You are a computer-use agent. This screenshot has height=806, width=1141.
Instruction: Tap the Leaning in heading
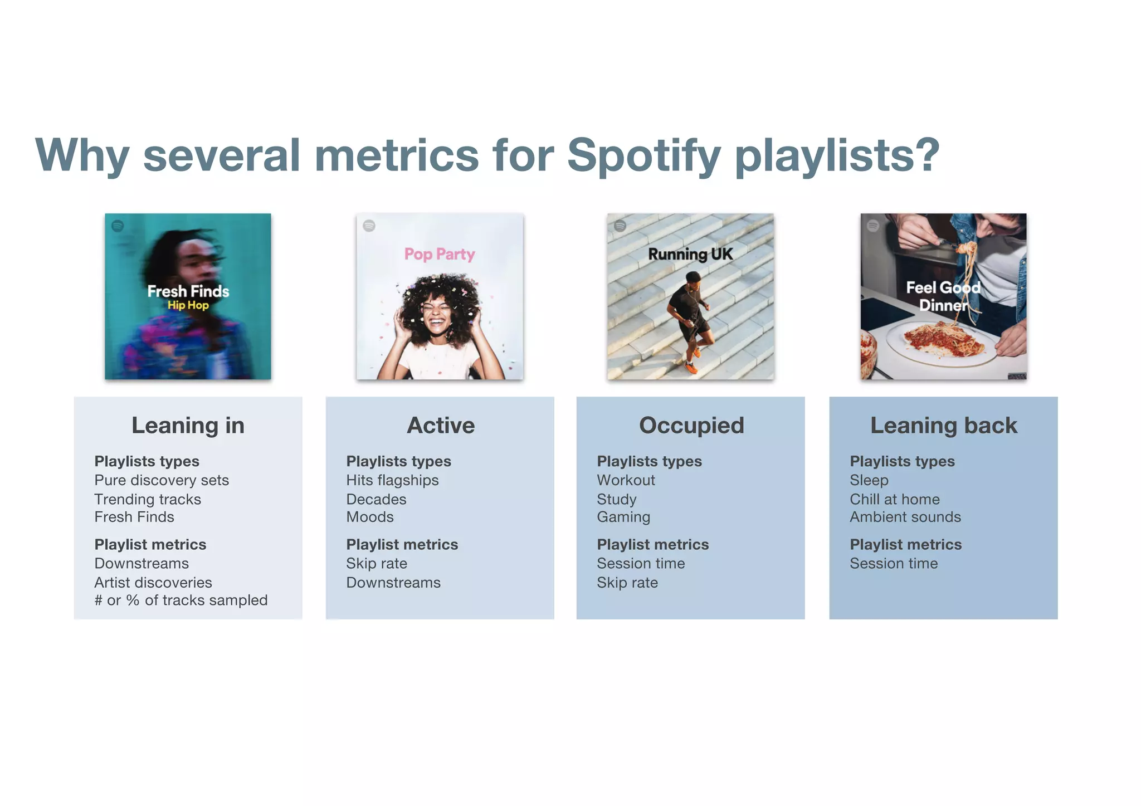[x=188, y=426]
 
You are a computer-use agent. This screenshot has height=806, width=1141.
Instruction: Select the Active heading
[x=441, y=426]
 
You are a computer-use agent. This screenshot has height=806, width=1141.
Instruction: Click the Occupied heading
[x=691, y=426]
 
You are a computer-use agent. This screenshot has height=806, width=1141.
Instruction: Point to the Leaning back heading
[x=943, y=426]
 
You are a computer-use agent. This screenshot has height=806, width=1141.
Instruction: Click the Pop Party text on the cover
[x=440, y=254]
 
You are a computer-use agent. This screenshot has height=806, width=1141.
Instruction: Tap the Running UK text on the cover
[x=690, y=254]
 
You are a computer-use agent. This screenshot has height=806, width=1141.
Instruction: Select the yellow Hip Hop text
[x=188, y=305]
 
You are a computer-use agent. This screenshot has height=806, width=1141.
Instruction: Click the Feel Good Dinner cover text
[x=943, y=296]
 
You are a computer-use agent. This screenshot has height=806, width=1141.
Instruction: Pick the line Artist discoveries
[x=153, y=583]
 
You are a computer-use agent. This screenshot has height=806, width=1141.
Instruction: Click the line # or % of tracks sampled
[x=181, y=600]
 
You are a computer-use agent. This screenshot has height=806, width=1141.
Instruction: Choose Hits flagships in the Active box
[x=392, y=480]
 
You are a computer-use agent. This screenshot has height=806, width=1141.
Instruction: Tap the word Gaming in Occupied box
[x=623, y=517]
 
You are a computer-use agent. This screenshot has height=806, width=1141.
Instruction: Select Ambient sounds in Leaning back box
[x=905, y=517]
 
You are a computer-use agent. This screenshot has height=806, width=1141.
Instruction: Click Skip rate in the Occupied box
[x=627, y=583]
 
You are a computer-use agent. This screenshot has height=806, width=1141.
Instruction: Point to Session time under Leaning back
[x=894, y=564]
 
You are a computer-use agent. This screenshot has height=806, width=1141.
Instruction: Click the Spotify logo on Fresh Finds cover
[x=118, y=226]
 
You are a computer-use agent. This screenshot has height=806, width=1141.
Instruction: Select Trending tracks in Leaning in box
[x=148, y=499]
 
